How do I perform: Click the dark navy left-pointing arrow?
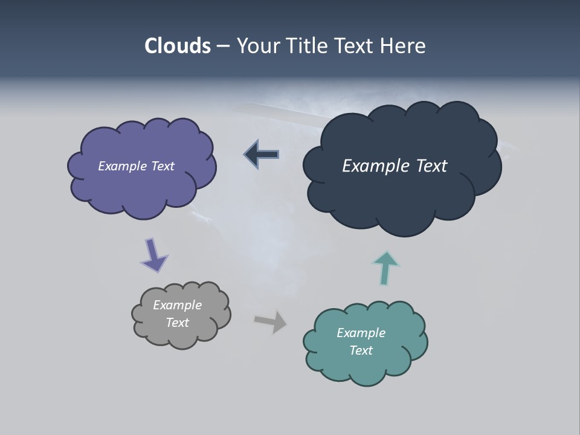[261, 155]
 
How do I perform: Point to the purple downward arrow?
[153, 255]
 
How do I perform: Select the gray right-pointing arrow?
[271, 321]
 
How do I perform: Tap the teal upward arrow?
[385, 267]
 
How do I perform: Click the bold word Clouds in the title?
[178, 46]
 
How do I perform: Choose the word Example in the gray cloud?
[177, 305]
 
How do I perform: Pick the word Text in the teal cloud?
[361, 350]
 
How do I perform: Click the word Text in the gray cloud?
[177, 323]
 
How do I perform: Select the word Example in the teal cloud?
[361, 333]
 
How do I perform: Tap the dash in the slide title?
[222, 46]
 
